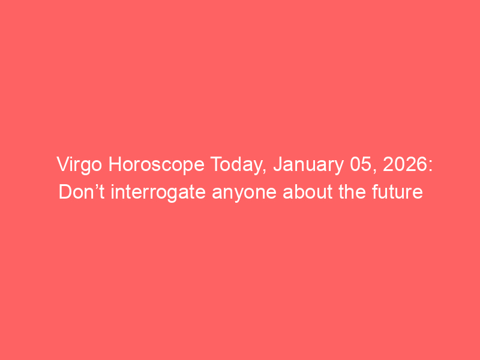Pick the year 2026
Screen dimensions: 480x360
404,164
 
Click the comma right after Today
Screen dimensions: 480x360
264,172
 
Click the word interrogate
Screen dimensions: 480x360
158,193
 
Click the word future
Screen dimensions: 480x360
397,192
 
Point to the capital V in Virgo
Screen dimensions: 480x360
64,164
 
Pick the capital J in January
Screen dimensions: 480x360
278,164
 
